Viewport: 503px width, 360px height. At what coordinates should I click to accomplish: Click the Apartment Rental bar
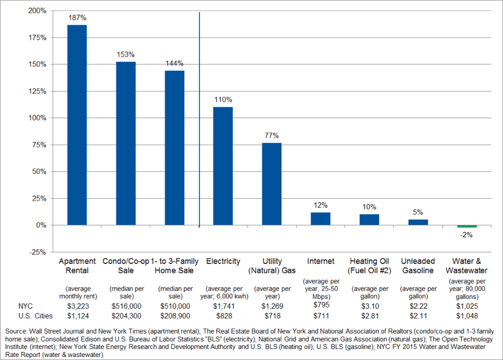(77, 125)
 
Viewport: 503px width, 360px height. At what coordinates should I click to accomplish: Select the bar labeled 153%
(125, 143)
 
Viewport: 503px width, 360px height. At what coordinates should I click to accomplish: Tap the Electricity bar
(223, 166)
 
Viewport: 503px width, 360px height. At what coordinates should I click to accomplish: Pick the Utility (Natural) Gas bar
(272, 184)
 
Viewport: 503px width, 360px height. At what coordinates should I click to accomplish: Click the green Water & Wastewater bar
(467, 227)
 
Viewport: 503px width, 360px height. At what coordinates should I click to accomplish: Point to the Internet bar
(320, 218)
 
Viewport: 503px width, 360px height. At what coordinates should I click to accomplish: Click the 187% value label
(77, 18)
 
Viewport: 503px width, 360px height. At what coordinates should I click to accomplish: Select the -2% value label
(467, 235)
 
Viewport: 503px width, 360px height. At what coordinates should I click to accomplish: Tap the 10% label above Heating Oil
(369, 207)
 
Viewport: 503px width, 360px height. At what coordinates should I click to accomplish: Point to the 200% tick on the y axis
(37, 11)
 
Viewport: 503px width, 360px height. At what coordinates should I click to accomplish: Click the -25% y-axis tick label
(37, 252)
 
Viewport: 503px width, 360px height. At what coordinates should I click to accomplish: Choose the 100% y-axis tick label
(37, 118)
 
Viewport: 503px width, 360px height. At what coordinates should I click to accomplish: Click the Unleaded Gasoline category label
(418, 266)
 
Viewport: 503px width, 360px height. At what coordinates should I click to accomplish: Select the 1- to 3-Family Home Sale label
(174, 266)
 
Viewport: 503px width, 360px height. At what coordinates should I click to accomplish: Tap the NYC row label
(25, 306)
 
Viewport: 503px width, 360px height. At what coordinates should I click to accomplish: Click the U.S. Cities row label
(35, 316)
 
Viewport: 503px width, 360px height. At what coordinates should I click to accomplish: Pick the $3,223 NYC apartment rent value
(78, 306)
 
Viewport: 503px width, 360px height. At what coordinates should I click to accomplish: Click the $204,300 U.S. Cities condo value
(127, 316)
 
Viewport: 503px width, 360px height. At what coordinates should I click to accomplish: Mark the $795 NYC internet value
(321, 305)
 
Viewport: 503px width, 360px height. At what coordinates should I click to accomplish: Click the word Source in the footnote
(16, 331)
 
